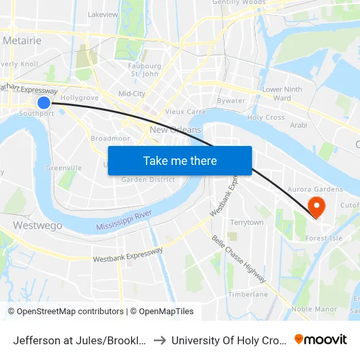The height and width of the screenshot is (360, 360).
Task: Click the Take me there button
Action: click(x=180, y=160)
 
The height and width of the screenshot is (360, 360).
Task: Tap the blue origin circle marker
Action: click(x=44, y=102)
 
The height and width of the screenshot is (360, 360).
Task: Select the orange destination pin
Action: click(x=316, y=207)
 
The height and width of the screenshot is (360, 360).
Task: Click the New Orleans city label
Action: click(x=175, y=130)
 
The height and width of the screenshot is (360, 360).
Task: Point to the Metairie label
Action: click(x=22, y=41)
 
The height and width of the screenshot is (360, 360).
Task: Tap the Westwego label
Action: click(x=37, y=225)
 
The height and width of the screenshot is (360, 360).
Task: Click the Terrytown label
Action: click(x=246, y=223)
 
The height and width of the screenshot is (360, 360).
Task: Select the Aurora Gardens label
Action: click(x=319, y=189)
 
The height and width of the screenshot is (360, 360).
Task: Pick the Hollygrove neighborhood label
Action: click(x=79, y=98)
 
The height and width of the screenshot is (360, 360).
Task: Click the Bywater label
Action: click(x=230, y=101)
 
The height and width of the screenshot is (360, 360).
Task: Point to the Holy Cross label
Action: click(x=266, y=118)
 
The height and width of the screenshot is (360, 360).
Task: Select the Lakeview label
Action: click(x=102, y=14)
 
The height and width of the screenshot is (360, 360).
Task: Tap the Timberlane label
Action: click(x=247, y=295)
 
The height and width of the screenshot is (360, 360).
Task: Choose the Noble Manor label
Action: click(x=314, y=309)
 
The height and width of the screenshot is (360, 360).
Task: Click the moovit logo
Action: click(x=321, y=339)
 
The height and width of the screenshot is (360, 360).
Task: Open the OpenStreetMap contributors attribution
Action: click(x=65, y=312)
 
